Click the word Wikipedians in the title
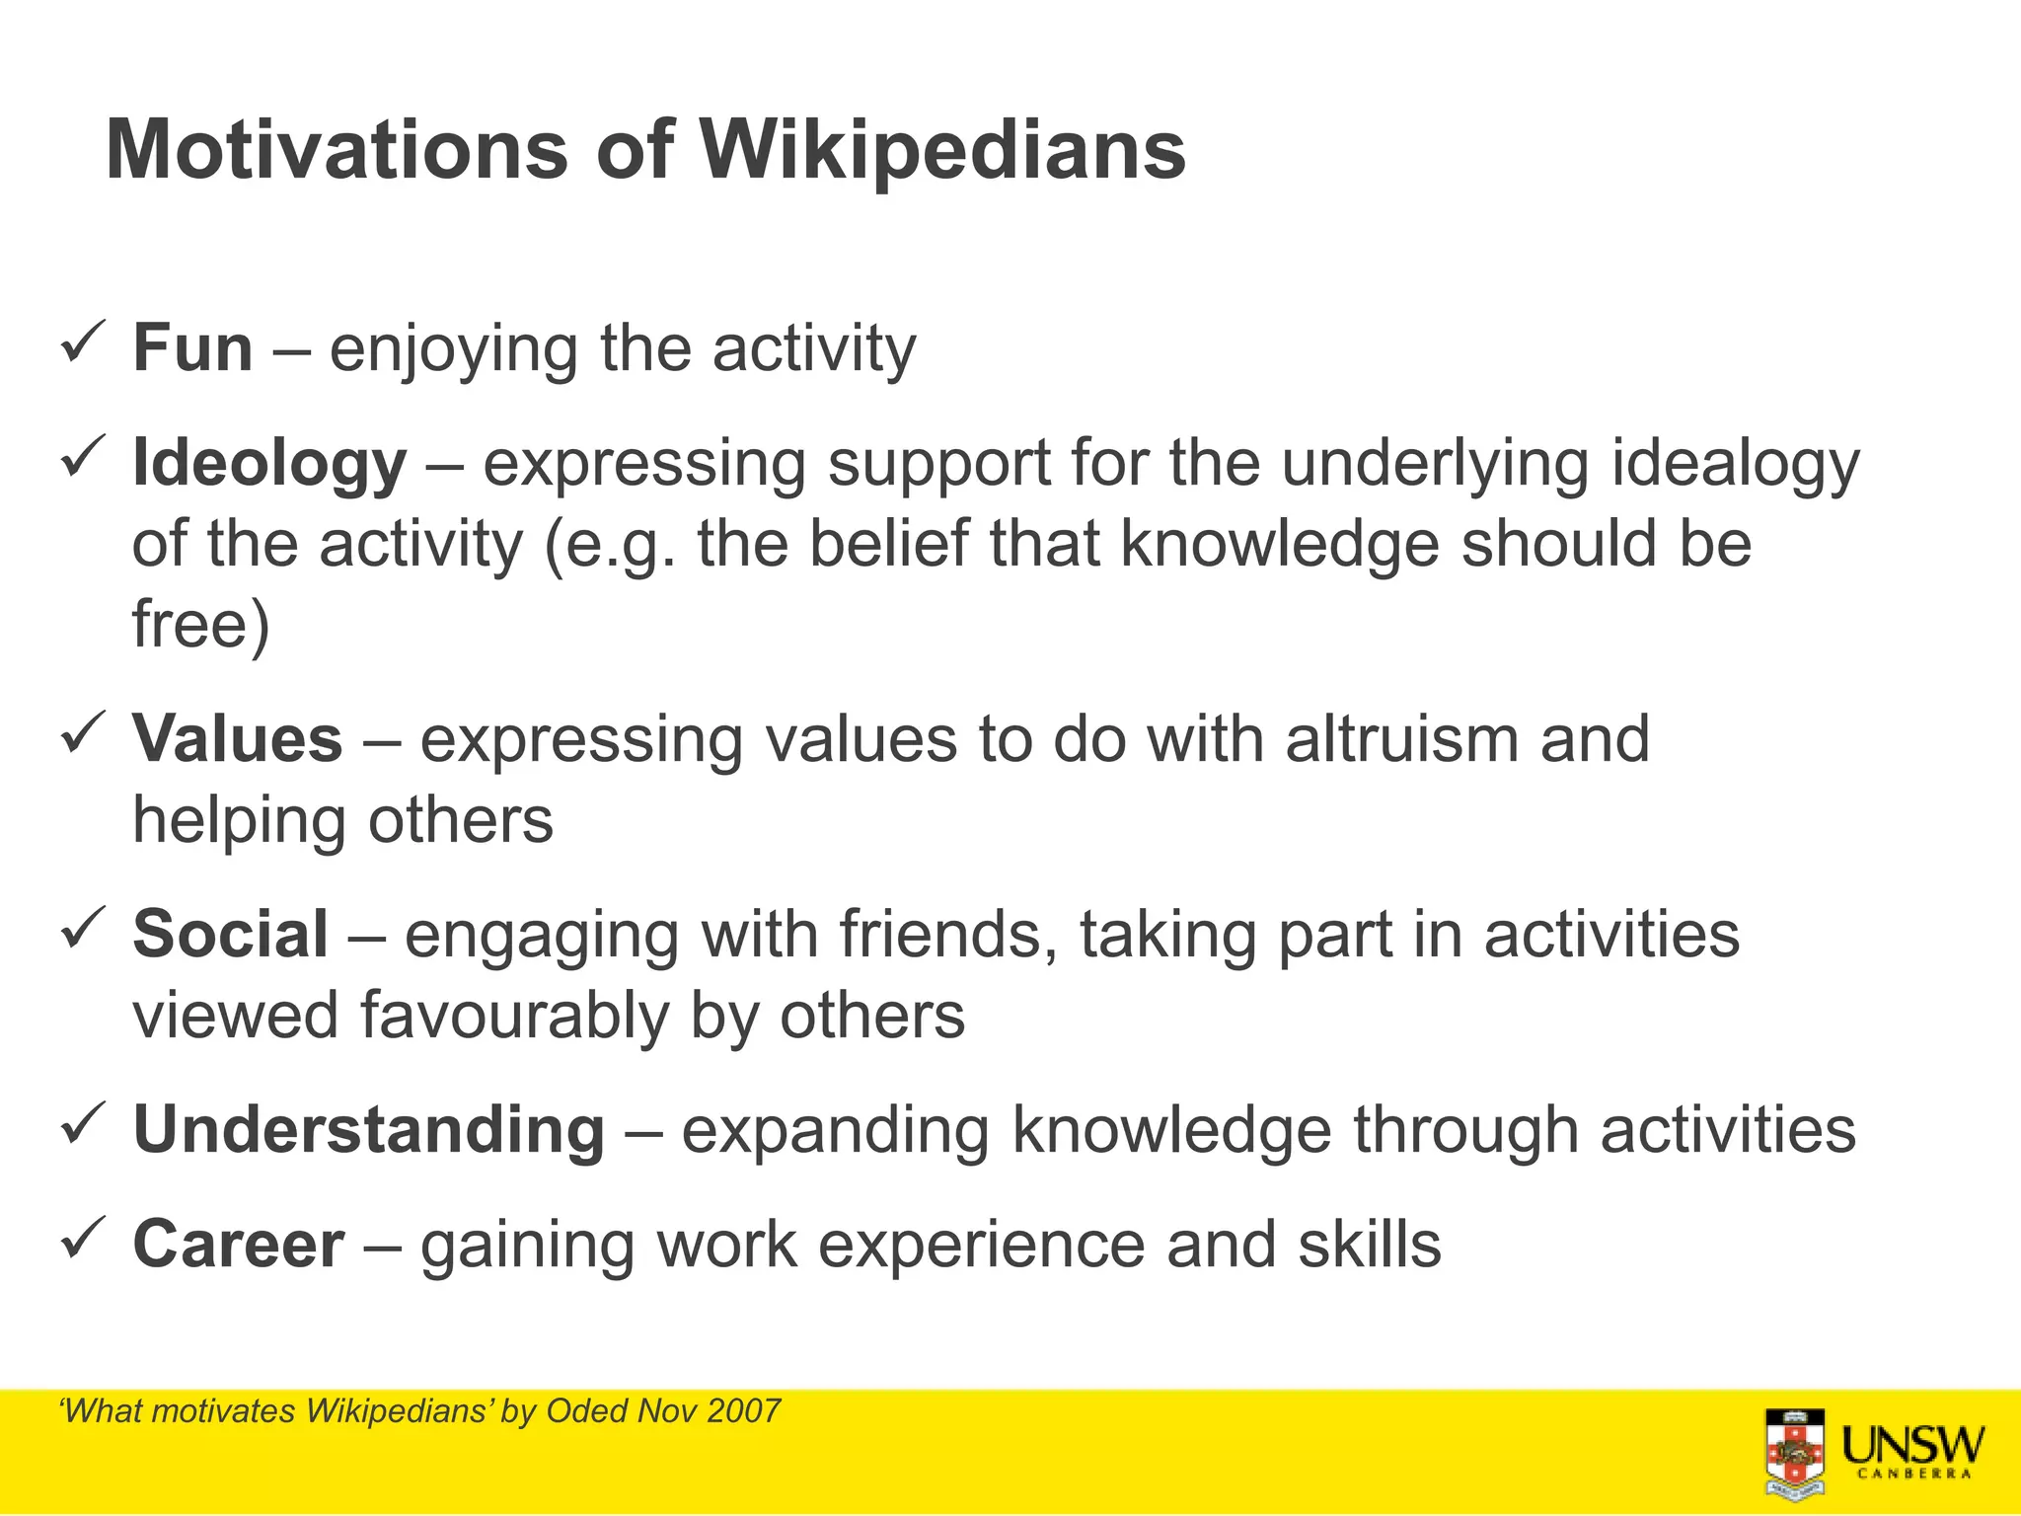pyautogui.click(x=942, y=150)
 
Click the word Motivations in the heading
pyautogui.click(x=337, y=150)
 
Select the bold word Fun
pyautogui.click(x=192, y=348)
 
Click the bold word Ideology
pyautogui.click(x=268, y=463)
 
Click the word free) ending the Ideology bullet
pyautogui.click(x=201, y=624)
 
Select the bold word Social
pyautogui.click(x=230, y=934)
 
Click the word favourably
pyautogui.click(x=513, y=1016)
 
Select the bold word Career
pyautogui.click(x=239, y=1244)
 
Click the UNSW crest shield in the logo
pyautogui.click(x=1795, y=1454)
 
